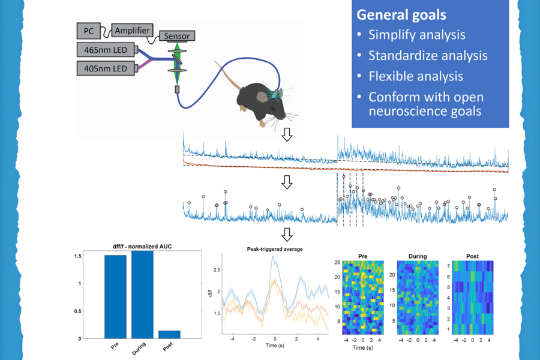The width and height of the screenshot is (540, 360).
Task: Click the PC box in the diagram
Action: click(89, 29)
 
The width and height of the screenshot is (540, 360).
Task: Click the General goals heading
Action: click(400, 14)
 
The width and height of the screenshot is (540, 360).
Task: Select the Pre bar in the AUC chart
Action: click(116, 296)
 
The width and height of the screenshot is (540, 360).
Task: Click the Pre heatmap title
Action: click(362, 256)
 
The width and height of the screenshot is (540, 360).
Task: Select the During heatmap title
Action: click(418, 256)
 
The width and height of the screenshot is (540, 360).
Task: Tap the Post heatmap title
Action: click(472, 256)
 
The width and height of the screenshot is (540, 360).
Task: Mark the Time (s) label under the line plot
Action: click(275, 347)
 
